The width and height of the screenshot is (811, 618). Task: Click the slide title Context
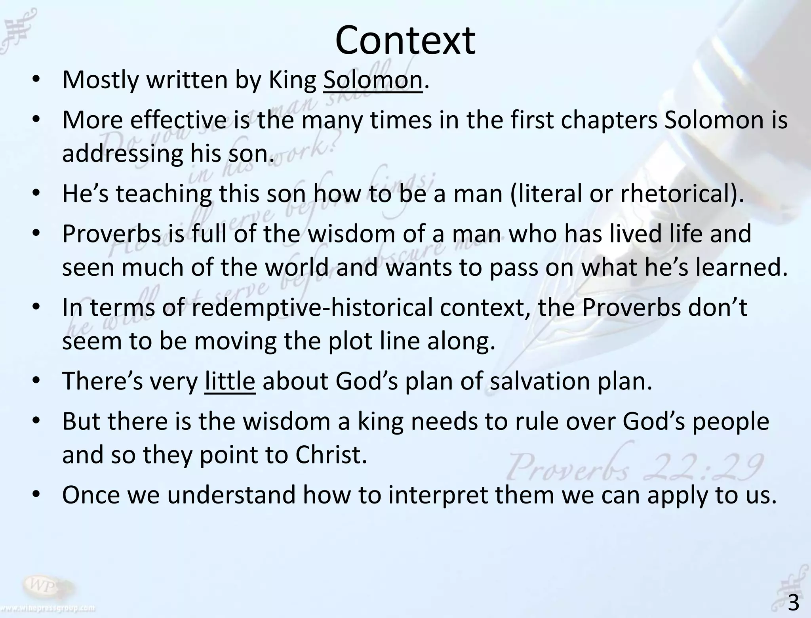click(x=405, y=40)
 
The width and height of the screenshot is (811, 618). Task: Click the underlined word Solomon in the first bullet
click(x=373, y=80)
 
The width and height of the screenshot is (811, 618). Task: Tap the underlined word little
click(x=230, y=381)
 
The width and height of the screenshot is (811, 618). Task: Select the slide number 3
click(x=793, y=604)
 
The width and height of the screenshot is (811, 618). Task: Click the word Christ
click(x=331, y=455)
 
